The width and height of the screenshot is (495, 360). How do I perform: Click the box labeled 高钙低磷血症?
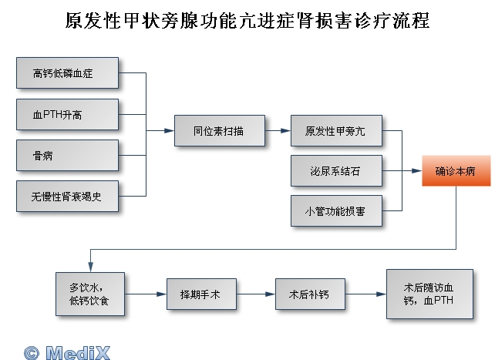click(x=67, y=74)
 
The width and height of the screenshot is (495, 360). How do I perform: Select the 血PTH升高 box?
click(x=67, y=114)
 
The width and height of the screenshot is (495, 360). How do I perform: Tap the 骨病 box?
click(x=67, y=156)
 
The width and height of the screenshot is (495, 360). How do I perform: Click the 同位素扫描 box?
click(x=219, y=131)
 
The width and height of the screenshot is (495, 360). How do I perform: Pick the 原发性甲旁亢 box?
click(x=336, y=131)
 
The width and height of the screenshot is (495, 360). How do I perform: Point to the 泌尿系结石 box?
click(x=336, y=170)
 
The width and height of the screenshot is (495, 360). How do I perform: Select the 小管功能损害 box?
click(x=336, y=210)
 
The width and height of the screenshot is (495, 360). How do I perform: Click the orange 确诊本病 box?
click(x=455, y=170)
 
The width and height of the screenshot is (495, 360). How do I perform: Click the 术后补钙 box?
click(x=308, y=294)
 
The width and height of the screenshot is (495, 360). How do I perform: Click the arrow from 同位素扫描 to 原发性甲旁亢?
click(x=278, y=131)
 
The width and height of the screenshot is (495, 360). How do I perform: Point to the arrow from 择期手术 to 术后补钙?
click(x=254, y=294)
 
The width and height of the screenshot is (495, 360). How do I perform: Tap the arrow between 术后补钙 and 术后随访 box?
click(x=363, y=294)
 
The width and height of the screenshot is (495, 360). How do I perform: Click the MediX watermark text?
click(x=77, y=352)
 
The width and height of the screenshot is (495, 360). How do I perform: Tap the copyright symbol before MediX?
click(x=31, y=352)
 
